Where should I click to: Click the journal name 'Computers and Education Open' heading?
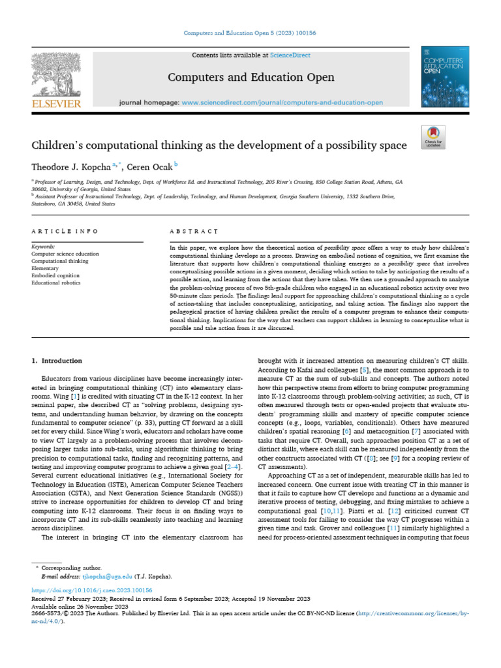[251, 78]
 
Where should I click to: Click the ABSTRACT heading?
[194, 232]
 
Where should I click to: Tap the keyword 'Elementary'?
[45, 268]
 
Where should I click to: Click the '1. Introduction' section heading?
[57, 361]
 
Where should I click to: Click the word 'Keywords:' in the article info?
[44, 247]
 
